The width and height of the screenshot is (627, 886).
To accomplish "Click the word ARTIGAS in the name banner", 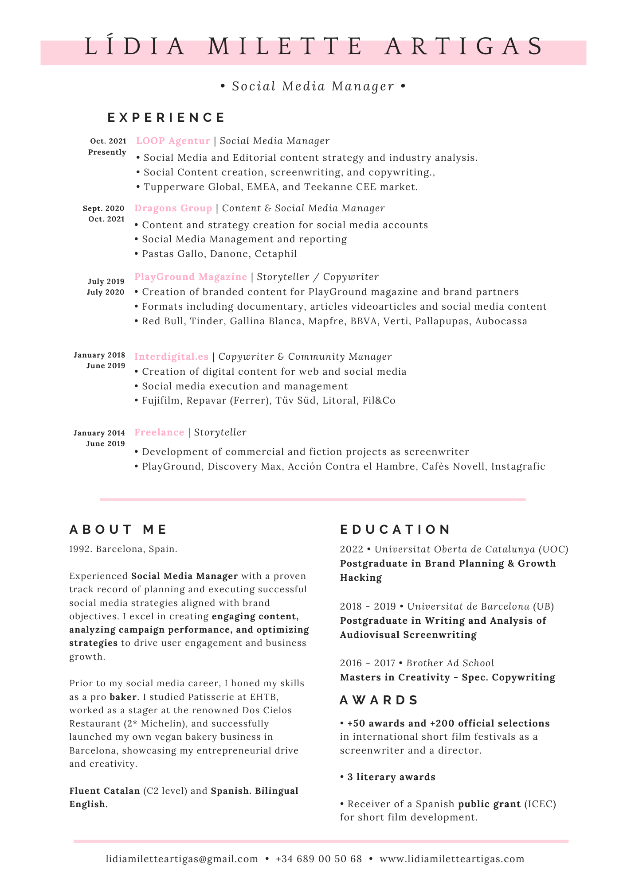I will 464,47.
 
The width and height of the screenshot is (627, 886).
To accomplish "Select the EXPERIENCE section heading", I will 166,117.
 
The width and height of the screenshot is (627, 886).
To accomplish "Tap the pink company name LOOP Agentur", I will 173,141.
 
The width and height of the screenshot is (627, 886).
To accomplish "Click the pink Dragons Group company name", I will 173,208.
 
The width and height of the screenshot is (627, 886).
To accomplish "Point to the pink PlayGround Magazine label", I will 191,277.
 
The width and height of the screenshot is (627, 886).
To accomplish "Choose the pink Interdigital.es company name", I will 171,357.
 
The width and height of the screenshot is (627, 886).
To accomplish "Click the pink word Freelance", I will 159,432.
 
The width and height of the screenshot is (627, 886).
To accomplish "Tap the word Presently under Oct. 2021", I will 107,152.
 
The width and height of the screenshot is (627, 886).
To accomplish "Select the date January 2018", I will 99,355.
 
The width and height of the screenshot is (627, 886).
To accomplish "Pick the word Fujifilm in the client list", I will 161,401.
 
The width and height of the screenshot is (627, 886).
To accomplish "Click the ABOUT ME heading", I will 118,529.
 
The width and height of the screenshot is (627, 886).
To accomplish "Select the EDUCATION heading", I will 395,529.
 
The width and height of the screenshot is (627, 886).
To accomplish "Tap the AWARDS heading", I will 379,700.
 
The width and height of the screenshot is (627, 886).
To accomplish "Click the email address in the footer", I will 182,859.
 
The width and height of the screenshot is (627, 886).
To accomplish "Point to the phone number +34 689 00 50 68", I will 318,859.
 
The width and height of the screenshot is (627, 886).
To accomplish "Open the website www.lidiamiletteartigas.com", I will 452,859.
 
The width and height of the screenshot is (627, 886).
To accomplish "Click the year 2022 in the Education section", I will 351,549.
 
